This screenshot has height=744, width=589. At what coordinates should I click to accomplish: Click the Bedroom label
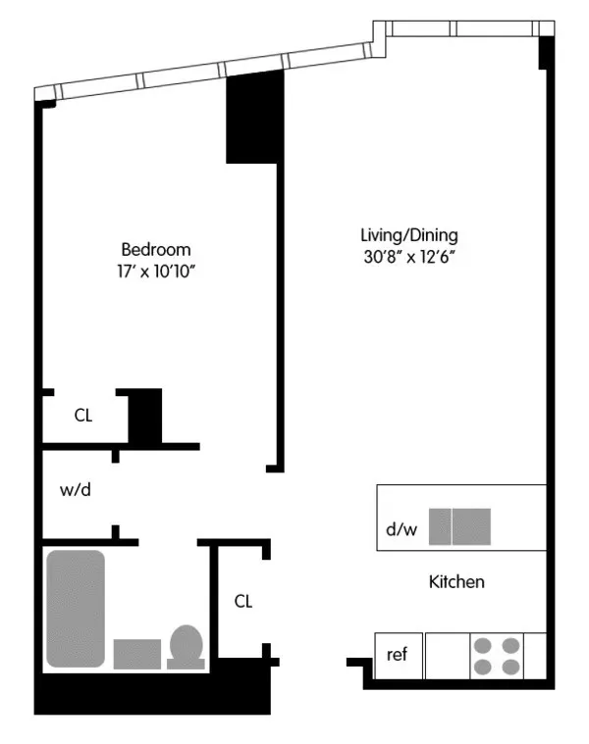[x=155, y=249]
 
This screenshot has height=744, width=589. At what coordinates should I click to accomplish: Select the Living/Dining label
[x=409, y=235]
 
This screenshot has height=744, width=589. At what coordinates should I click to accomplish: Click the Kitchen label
[x=456, y=582]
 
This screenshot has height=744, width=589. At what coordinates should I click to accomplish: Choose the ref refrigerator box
[x=398, y=656]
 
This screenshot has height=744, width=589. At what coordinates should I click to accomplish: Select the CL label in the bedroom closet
[x=83, y=416]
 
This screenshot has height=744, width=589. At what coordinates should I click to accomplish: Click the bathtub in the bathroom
[x=76, y=609]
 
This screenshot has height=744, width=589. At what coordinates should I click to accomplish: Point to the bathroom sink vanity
[x=137, y=654]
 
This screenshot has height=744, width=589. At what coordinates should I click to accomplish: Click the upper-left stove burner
[x=484, y=646]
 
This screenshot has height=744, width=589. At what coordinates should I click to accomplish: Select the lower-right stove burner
[x=510, y=667]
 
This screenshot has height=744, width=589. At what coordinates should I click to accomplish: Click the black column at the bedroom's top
[x=255, y=119]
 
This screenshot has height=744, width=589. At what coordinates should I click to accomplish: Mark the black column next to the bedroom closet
[x=145, y=415]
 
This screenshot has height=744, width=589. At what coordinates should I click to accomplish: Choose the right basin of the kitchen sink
[x=471, y=526]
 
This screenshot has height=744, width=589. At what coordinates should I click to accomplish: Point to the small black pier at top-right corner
[x=545, y=54]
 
